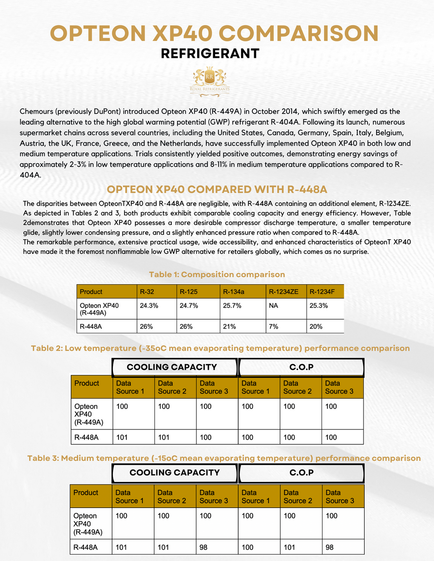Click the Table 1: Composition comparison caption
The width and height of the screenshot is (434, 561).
click(x=217, y=274)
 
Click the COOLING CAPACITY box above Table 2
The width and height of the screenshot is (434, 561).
click(x=172, y=367)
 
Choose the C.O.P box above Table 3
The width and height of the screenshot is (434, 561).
click(x=301, y=473)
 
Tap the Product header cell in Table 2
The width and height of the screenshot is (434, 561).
click(x=92, y=387)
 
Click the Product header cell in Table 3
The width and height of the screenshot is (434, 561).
click(x=92, y=496)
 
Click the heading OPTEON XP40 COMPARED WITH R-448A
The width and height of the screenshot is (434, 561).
click(x=217, y=189)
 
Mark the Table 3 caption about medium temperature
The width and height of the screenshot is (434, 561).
click(x=224, y=458)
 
